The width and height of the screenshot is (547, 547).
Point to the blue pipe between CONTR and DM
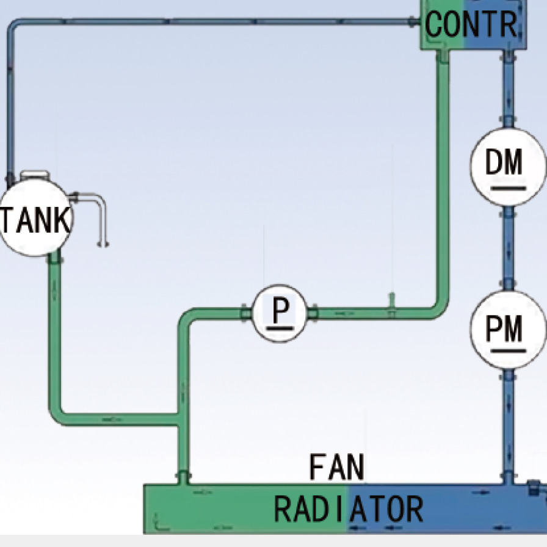[x=507, y=92]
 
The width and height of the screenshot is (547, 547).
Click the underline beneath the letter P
[x=280, y=327]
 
